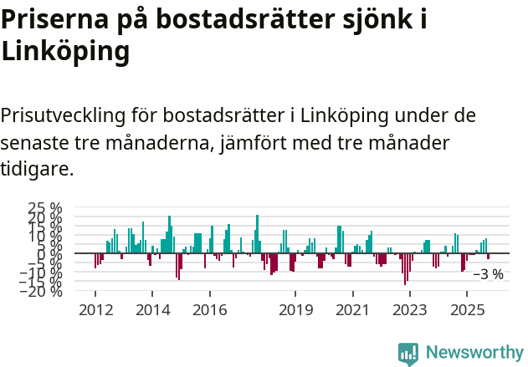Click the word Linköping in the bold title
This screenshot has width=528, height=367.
pos(65,52)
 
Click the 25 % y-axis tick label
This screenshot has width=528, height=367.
pos(45,208)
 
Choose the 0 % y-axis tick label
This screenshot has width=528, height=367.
pos(50,253)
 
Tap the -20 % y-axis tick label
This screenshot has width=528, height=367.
pos(42,290)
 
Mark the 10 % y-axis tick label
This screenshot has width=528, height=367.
pos(45,236)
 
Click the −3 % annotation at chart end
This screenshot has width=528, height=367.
pos(488,274)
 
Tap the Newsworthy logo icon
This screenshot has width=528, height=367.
pos(408,353)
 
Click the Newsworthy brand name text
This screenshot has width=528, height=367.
pos(474,353)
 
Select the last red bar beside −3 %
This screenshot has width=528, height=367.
pos(489,257)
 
